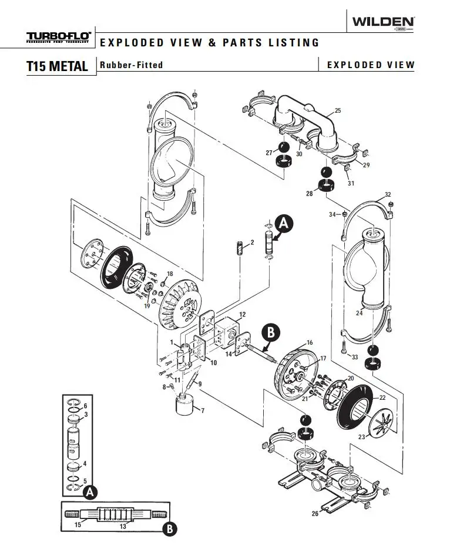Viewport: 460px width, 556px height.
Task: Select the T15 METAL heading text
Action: click(57, 66)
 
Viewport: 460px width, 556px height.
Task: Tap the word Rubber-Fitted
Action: click(131, 65)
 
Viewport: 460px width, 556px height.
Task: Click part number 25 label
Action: click(337, 111)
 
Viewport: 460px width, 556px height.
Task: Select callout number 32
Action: click(387, 194)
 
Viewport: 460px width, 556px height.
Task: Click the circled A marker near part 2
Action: click(284, 223)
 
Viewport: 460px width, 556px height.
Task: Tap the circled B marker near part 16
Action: click(270, 332)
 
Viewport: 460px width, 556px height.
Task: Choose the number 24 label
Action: click(360, 313)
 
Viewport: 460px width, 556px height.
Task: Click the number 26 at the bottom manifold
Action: click(315, 514)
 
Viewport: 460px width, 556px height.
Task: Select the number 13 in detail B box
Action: click(123, 526)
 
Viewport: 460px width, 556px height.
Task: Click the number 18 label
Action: click(170, 274)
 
